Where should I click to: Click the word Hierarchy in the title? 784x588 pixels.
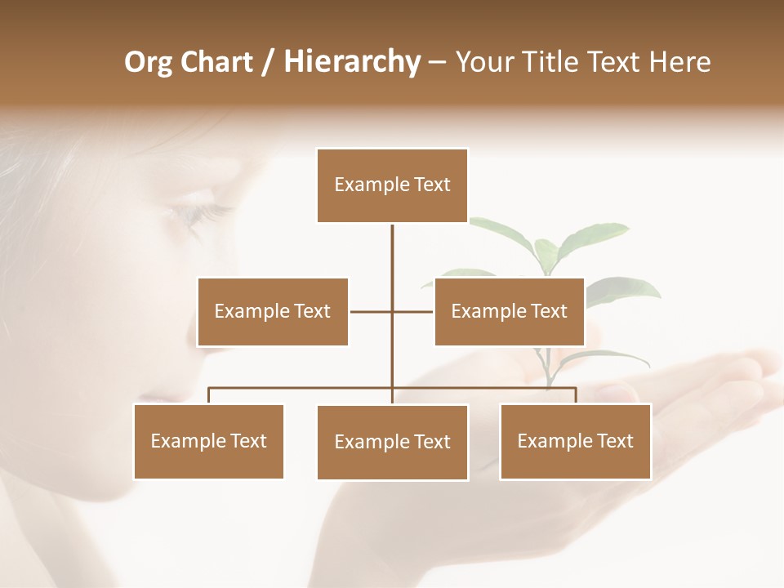352,62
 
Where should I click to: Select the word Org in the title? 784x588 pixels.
148,62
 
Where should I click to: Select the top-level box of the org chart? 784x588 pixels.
392,185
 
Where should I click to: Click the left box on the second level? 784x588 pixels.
273,311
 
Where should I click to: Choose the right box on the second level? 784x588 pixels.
509,311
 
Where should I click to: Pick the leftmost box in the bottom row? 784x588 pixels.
208,441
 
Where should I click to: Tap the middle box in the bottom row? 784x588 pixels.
392,442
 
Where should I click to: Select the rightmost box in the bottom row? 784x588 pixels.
575,441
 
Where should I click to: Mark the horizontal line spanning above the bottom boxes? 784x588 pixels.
302,388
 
